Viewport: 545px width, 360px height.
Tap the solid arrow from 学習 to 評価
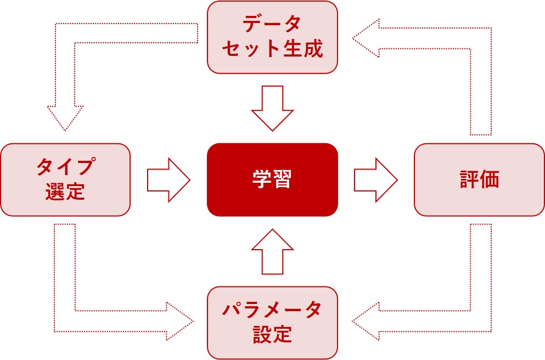375,179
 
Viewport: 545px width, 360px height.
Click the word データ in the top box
272,25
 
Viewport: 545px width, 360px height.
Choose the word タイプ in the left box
65,167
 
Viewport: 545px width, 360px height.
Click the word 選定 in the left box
65,192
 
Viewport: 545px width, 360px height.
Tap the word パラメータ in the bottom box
272,310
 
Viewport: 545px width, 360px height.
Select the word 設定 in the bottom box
272,334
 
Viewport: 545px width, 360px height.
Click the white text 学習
272,180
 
